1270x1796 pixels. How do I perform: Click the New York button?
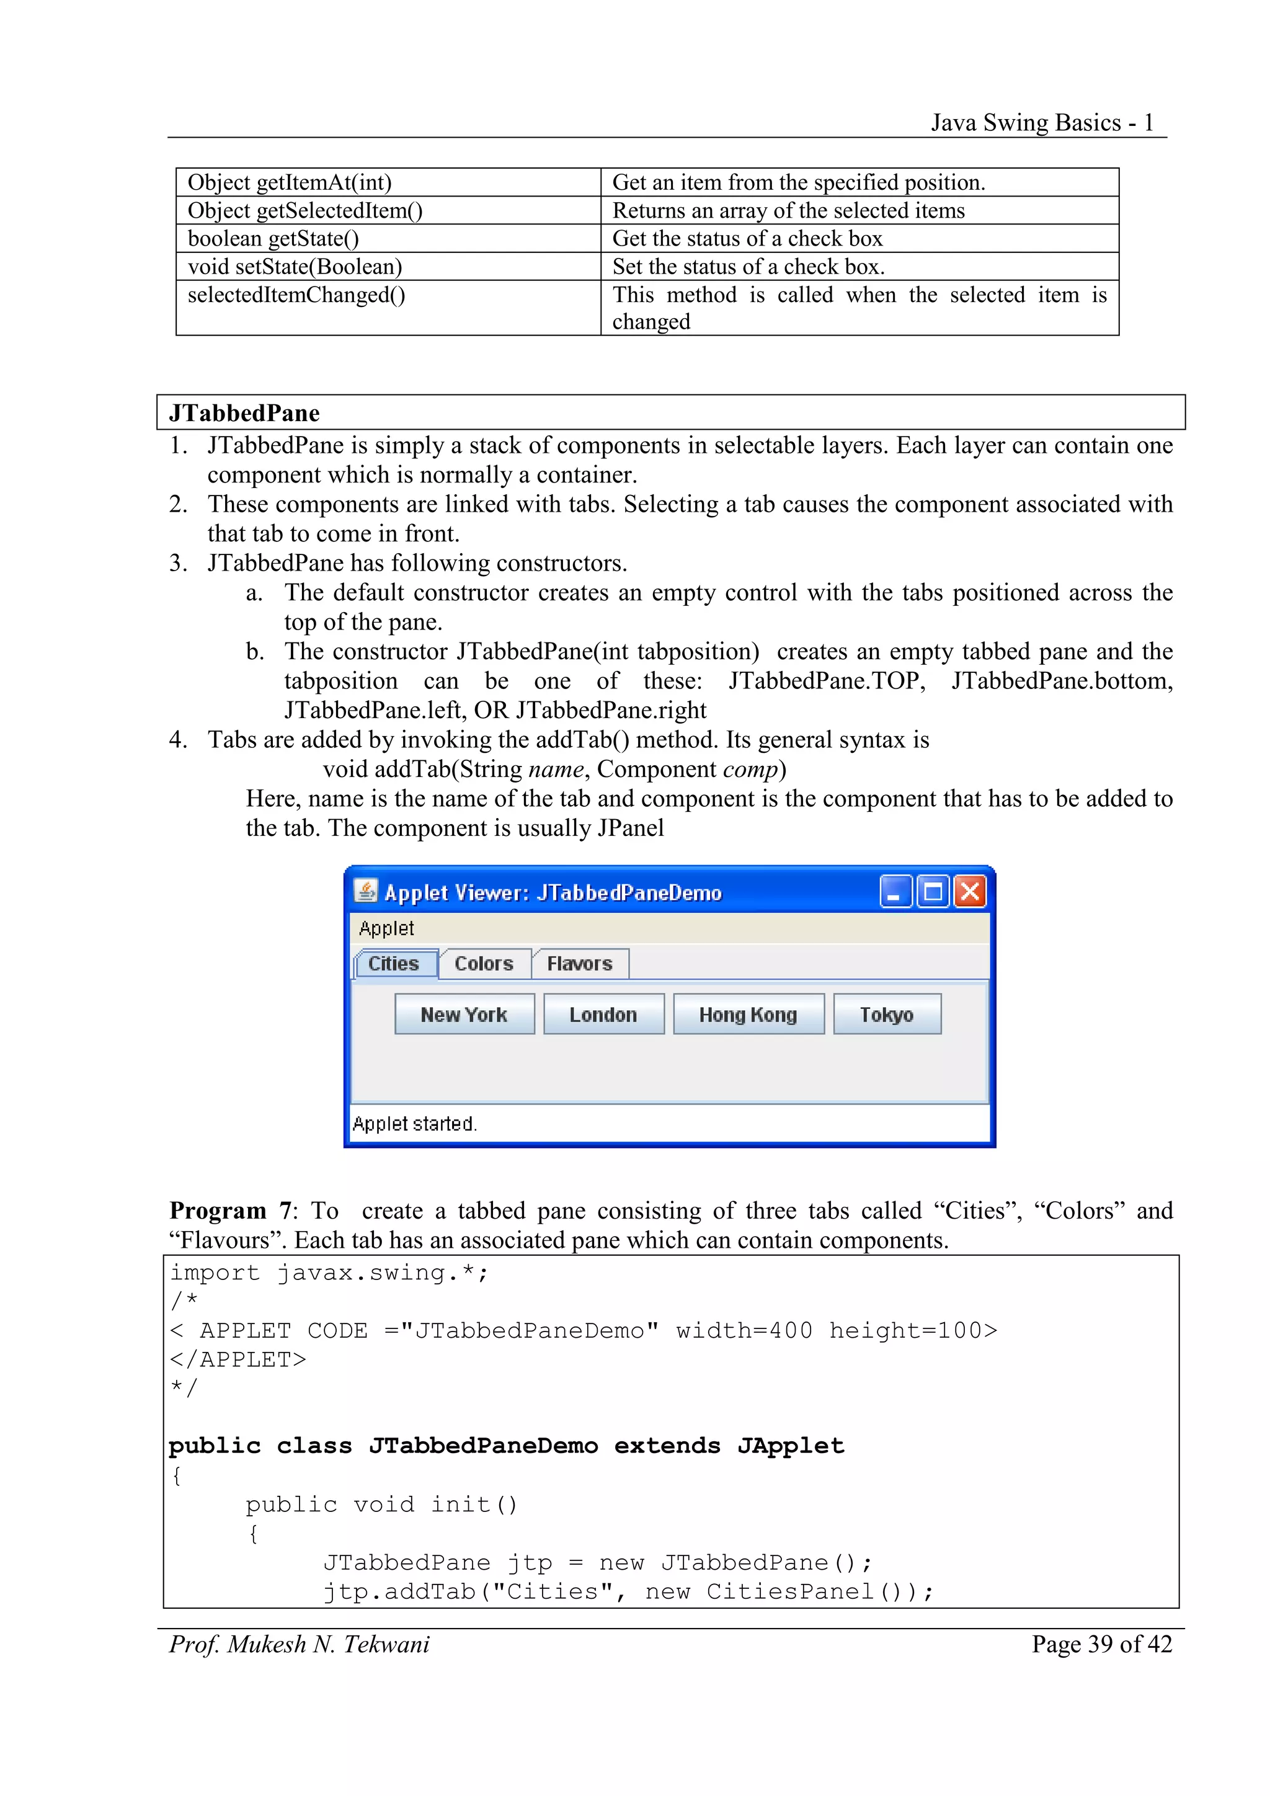pyautogui.click(x=464, y=1014)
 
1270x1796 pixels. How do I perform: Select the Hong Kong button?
pyautogui.click(x=748, y=1014)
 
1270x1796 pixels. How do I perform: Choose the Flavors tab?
pyautogui.click(x=579, y=963)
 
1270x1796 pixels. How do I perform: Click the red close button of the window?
pyautogui.click(x=970, y=892)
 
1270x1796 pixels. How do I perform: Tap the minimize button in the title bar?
pyautogui.click(x=895, y=892)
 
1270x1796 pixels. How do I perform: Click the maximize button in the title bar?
pyautogui.click(x=932, y=892)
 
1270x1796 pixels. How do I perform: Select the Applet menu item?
pyautogui.click(x=386, y=928)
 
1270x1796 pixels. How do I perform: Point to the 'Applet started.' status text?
pyautogui.click(x=414, y=1124)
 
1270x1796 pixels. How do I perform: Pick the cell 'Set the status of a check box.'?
pyautogui.click(x=748, y=266)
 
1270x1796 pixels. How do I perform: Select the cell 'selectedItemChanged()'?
pyautogui.click(x=296, y=295)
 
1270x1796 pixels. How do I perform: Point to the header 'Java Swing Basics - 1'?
pyautogui.click(x=1042, y=123)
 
